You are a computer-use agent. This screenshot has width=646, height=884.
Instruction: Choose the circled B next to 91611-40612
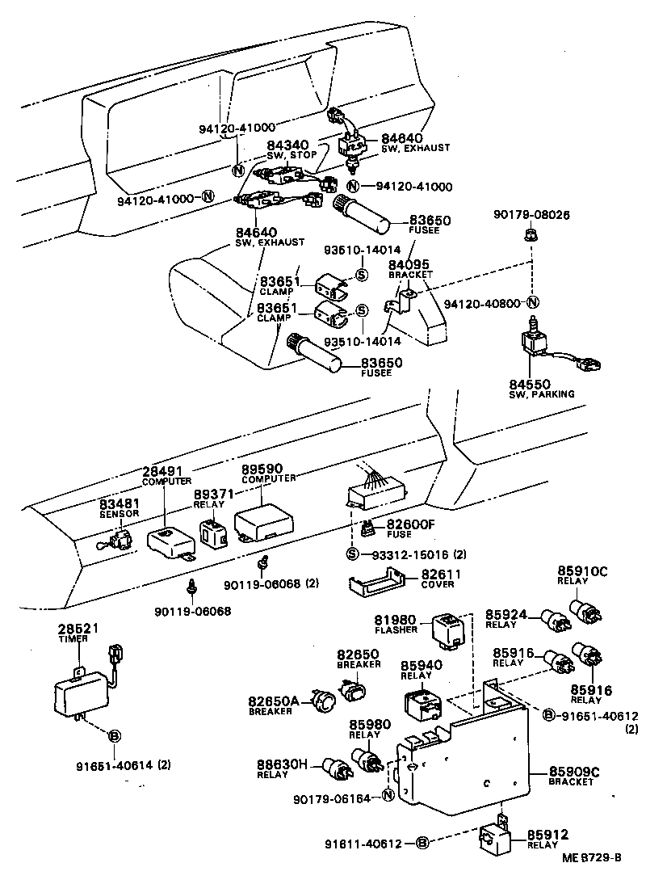pyautogui.click(x=422, y=844)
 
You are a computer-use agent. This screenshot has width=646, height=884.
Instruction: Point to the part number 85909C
pyautogui.click(x=573, y=772)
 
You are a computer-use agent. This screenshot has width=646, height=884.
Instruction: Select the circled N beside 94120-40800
pyautogui.click(x=532, y=302)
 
